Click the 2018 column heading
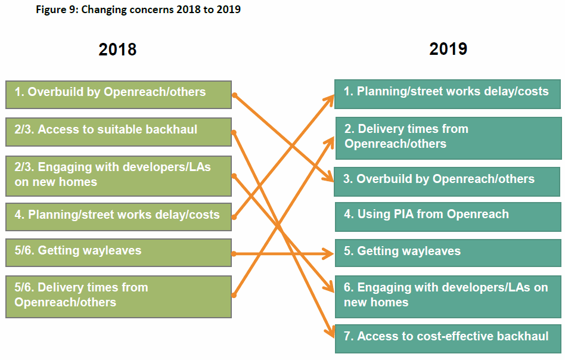pyautogui.click(x=117, y=49)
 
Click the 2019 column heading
pyautogui.click(x=448, y=49)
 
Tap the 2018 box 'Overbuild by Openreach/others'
pyautogui.click(x=119, y=95)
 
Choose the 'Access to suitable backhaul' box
pyautogui.click(x=119, y=132)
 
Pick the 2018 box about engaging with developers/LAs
pyautogui.click(x=119, y=176)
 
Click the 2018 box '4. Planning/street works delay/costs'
pyautogui.click(x=119, y=217)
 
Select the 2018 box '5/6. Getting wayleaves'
pyautogui.click(x=119, y=253)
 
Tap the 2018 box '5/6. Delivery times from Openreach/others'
pyautogui.click(x=119, y=297)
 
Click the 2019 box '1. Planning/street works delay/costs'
pyautogui.click(x=448, y=94)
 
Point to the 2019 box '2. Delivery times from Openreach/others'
pyautogui.click(x=449, y=138)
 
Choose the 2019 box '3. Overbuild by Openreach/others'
pyautogui.click(x=447, y=182)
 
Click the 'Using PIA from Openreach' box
pyautogui.click(x=448, y=216)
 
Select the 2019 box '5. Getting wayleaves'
pyautogui.click(x=448, y=253)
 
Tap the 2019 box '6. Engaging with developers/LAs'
pyautogui.click(x=448, y=297)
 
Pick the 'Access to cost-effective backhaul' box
pyautogui.click(x=448, y=339)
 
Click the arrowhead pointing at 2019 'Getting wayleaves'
pyautogui.click(x=329, y=254)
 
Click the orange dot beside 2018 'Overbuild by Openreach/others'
pyautogui.click(x=235, y=95)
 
